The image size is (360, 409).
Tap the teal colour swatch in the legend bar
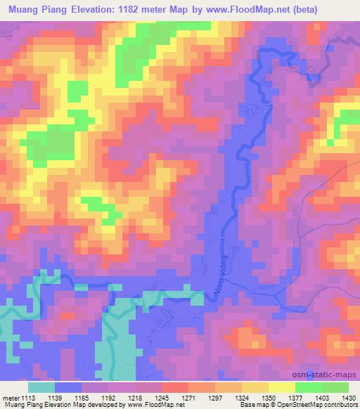[41, 387]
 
